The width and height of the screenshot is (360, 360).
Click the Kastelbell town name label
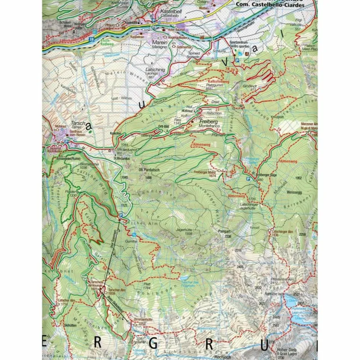[x=171, y=11]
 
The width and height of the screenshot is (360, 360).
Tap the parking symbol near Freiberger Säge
[x=249, y=178]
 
